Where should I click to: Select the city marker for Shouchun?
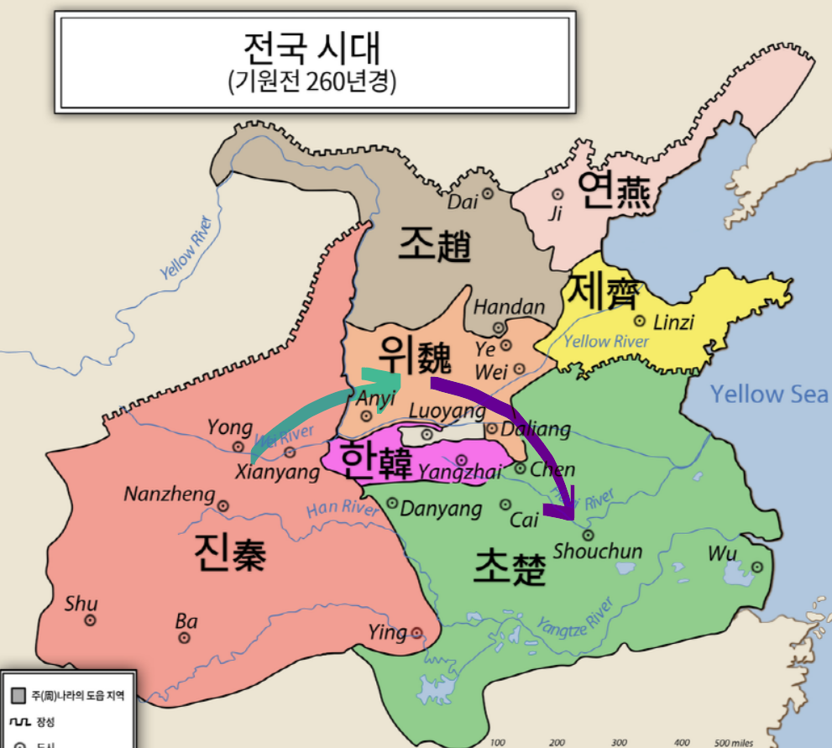(588, 534)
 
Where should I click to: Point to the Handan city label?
(509, 307)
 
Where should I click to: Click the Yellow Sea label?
(768, 394)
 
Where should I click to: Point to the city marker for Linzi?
(640, 320)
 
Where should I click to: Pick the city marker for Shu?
(90, 620)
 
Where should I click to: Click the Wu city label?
(722, 554)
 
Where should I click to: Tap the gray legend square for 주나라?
(18, 695)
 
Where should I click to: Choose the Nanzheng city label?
(169, 494)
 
